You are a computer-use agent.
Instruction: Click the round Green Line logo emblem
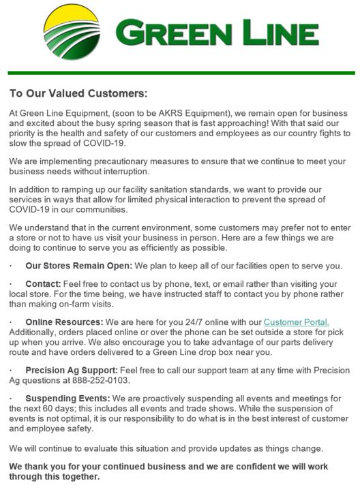tap(72, 31)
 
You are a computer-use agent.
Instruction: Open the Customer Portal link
tap(297, 322)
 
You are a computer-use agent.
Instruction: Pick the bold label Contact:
tap(45, 284)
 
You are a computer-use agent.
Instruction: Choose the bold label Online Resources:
tap(64, 322)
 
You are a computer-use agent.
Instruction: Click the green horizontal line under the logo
tap(181, 73)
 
